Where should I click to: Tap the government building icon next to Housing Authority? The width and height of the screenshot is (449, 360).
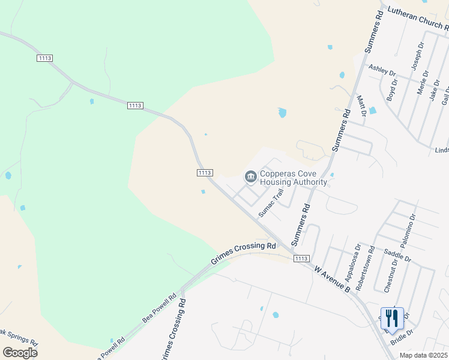(x=250, y=176)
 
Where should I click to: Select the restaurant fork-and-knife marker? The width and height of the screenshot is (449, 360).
(x=392, y=318)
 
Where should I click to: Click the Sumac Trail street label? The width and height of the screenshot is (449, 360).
(x=270, y=204)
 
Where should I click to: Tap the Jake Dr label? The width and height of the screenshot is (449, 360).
(x=435, y=90)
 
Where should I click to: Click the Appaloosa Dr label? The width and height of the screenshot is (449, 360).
(x=352, y=263)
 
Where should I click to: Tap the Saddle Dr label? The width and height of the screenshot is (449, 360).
(x=397, y=254)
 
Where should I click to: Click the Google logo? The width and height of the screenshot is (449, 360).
(x=20, y=353)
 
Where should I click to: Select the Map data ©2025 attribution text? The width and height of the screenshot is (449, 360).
(x=424, y=355)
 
